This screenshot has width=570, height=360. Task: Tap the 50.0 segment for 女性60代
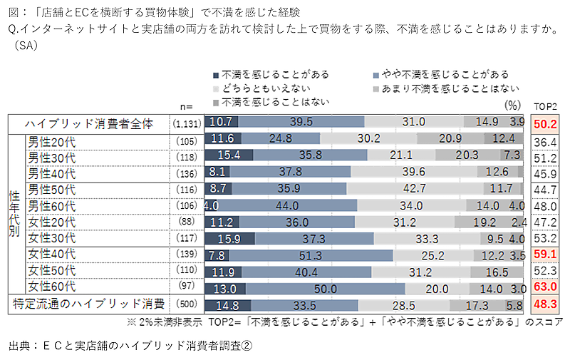click(x=325, y=288)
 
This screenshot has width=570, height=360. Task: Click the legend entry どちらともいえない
click(x=257, y=88)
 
